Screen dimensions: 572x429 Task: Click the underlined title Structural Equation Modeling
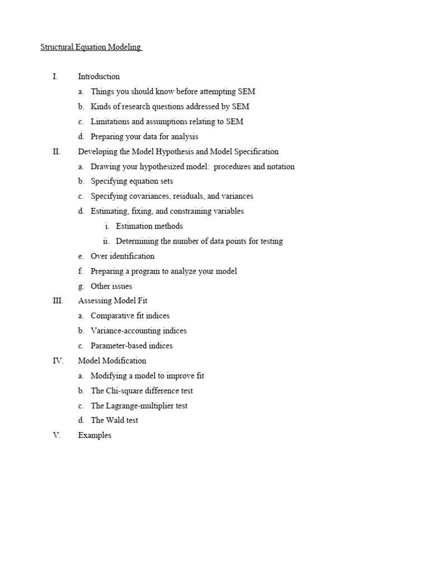(90, 47)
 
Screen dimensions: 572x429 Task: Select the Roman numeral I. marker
(55, 77)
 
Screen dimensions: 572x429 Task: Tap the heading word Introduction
(99, 77)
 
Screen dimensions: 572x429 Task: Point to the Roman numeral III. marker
(58, 301)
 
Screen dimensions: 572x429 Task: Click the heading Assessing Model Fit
(113, 301)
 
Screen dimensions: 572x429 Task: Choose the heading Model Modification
(112, 361)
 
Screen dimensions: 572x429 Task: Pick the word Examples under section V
(94, 436)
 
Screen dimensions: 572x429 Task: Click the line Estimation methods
(149, 226)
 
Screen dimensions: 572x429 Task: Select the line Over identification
(122, 256)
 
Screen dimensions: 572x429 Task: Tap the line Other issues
(111, 287)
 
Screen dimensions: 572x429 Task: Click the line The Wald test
(114, 421)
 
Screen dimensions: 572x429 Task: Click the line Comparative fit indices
(130, 316)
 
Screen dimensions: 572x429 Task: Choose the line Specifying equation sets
(132, 182)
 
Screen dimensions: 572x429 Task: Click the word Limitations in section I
(109, 122)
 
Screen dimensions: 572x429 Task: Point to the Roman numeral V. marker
(56, 436)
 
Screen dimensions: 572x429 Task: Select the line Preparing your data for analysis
(144, 137)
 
